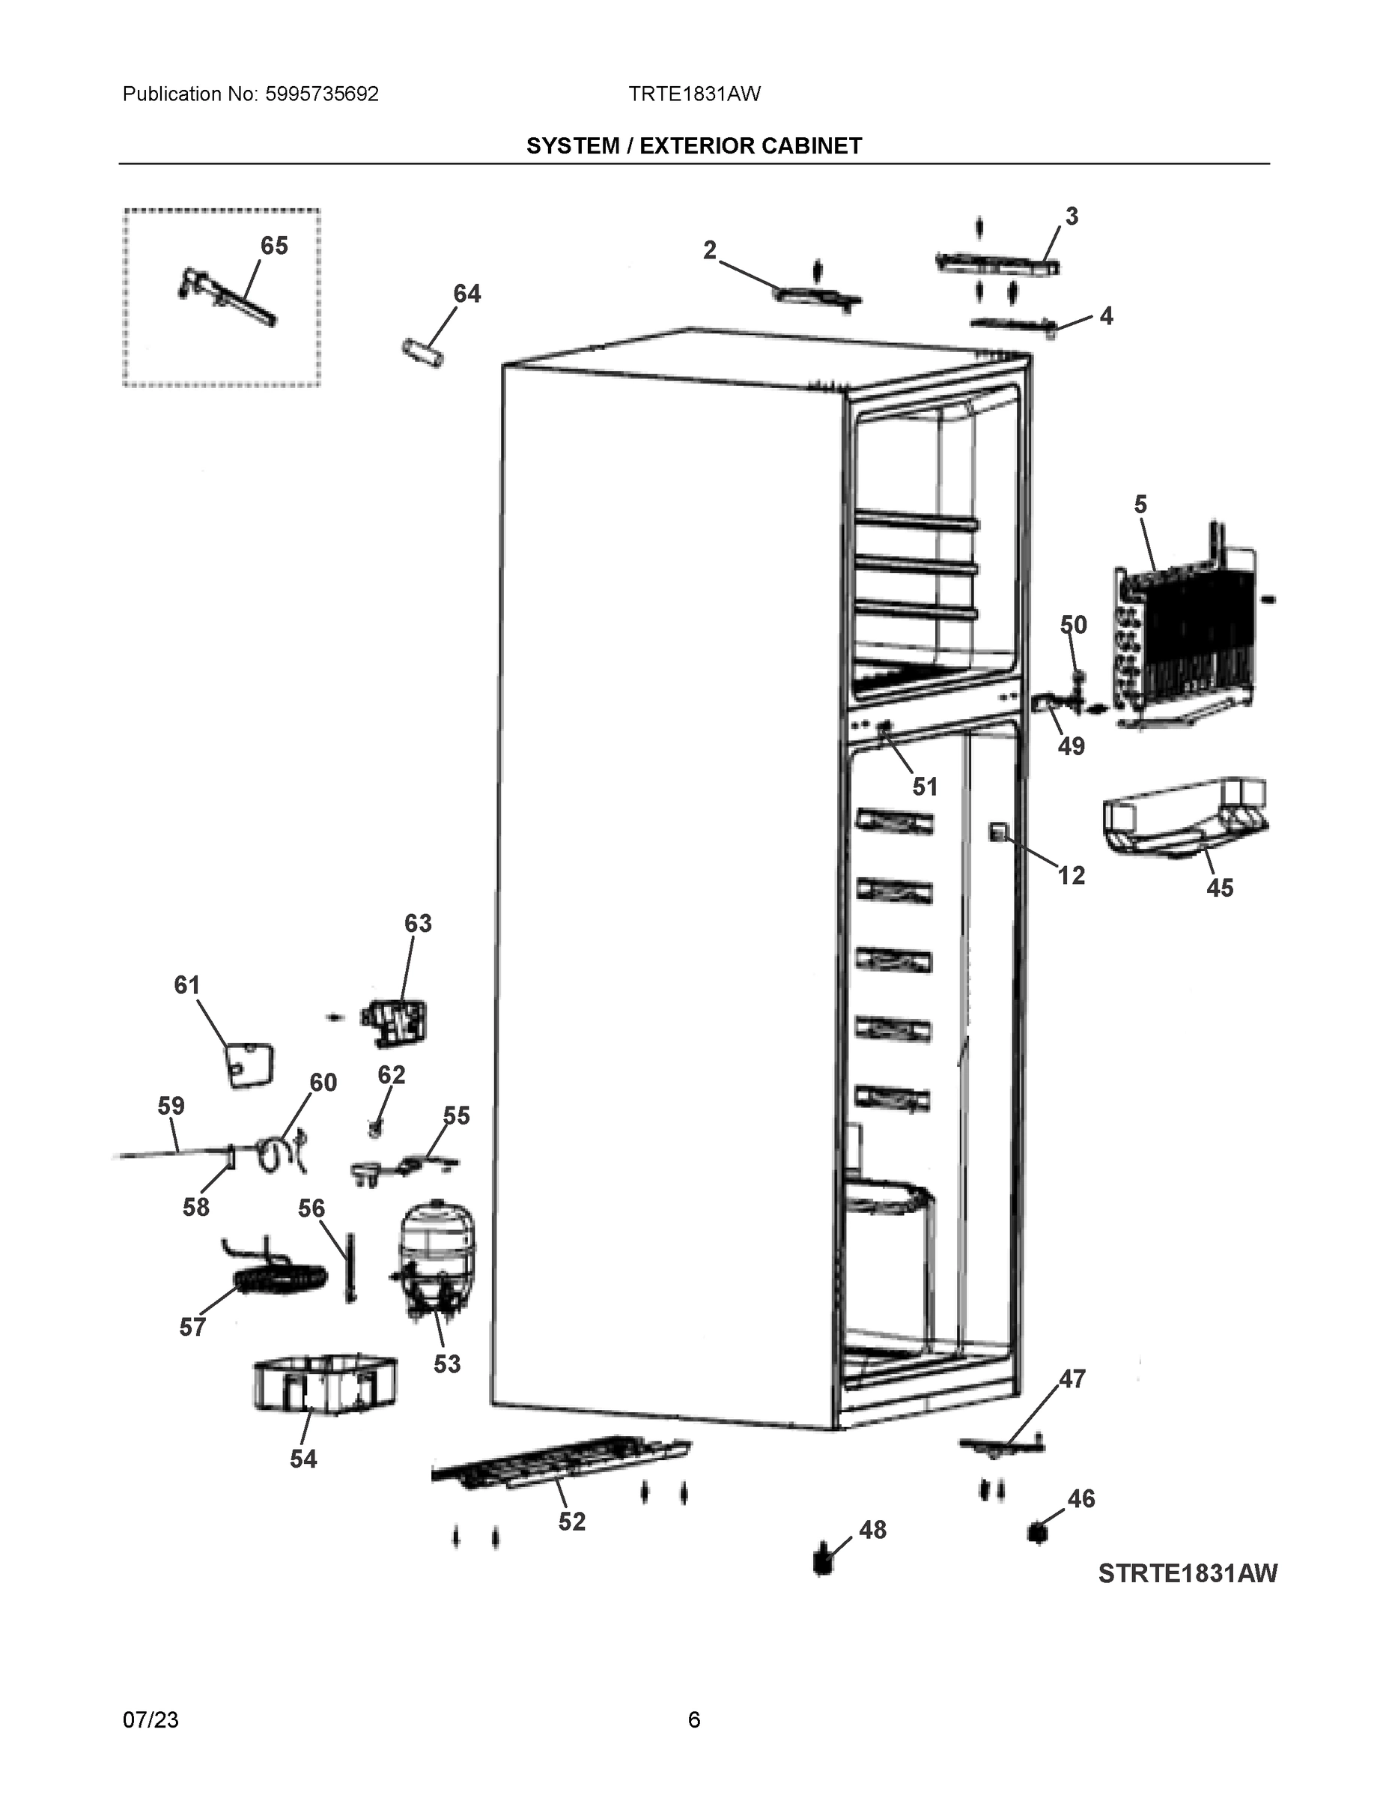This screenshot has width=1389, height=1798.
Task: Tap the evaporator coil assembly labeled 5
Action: pyautogui.click(x=1185, y=634)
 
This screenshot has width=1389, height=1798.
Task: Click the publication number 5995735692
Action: pyautogui.click(x=322, y=94)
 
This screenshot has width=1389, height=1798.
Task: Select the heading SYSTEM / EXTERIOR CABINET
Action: pyautogui.click(x=693, y=146)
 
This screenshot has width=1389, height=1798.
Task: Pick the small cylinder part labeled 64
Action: pyautogui.click(x=423, y=352)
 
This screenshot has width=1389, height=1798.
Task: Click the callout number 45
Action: pyautogui.click(x=1220, y=889)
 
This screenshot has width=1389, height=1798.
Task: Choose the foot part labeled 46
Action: pyautogui.click(x=1037, y=1534)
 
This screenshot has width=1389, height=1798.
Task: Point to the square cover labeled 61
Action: pyautogui.click(x=250, y=1066)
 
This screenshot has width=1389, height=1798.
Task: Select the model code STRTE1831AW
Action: pyautogui.click(x=1188, y=1573)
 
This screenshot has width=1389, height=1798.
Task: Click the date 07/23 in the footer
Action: pyautogui.click(x=151, y=1720)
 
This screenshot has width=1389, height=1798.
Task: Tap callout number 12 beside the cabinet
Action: pyautogui.click(x=1071, y=875)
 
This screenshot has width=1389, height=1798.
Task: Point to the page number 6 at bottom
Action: pyautogui.click(x=693, y=1720)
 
